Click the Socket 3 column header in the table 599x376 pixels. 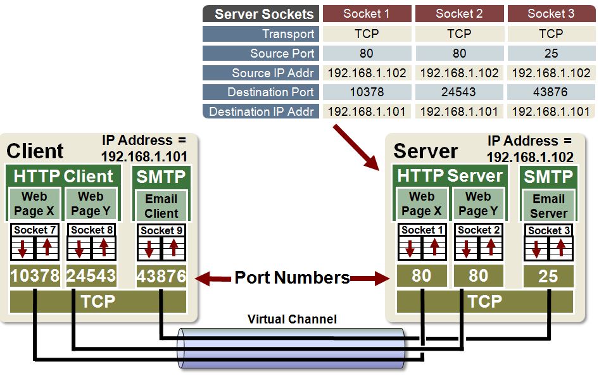click(x=550, y=14)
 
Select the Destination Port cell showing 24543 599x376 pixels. click(x=458, y=92)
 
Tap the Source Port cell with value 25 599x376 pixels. click(x=550, y=53)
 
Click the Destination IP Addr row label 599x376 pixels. click(x=262, y=112)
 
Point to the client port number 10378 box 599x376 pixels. click(x=35, y=276)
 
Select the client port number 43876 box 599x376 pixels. click(x=161, y=276)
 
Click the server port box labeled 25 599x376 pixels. click(x=548, y=276)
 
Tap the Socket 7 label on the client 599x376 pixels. click(x=35, y=230)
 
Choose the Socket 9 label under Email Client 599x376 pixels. click(x=161, y=230)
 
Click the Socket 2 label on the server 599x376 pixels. click(x=478, y=230)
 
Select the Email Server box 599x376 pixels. click(x=548, y=206)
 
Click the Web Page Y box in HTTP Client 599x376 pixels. click(x=90, y=204)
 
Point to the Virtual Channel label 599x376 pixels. click(x=292, y=319)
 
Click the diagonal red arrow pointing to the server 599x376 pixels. click(x=356, y=147)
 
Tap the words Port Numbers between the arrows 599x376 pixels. click(x=292, y=277)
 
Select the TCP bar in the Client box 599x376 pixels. click(x=98, y=302)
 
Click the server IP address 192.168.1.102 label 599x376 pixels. click(x=530, y=157)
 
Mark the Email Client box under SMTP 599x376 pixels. click(x=161, y=206)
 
